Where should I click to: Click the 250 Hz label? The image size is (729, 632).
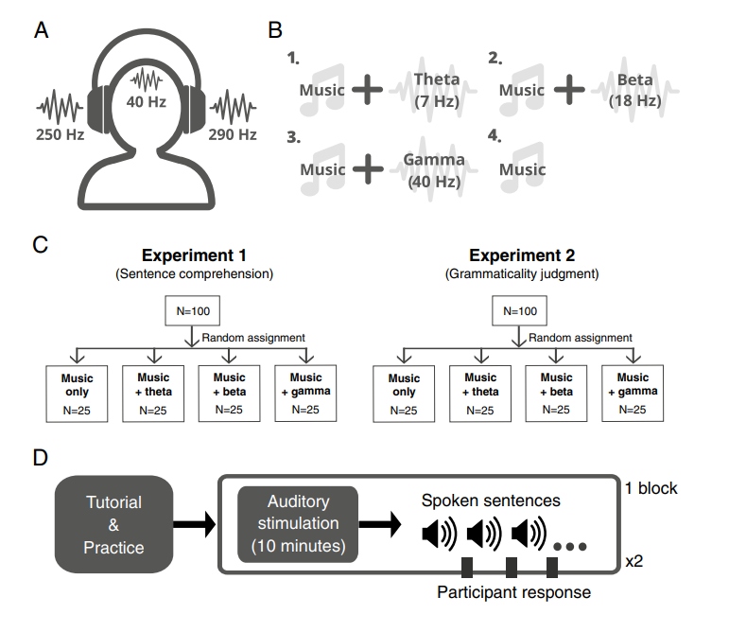click(60, 134)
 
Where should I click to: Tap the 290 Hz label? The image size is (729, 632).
click(233, 134)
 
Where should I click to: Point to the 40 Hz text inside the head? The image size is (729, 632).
click(146, 101)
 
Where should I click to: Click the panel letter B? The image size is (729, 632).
click(275, 30)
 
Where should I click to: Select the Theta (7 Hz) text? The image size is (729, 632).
click(437, 90)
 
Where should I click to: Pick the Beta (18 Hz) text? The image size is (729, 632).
click(635, 90)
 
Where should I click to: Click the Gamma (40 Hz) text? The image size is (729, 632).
click(434, 170)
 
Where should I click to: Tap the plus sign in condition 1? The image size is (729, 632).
click(367, 89)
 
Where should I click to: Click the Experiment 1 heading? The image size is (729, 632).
click(194, 255)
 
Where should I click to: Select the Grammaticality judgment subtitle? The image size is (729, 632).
click(522, 274)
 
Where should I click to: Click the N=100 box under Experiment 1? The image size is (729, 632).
click(193, 310)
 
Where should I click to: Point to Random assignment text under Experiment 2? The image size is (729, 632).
click(581, 338)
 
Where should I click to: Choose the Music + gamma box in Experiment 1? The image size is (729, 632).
click(305, 394)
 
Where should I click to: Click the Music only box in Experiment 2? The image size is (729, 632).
click(404, 394)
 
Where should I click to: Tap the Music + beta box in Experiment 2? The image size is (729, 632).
click(556, 394)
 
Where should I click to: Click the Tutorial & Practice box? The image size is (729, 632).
click(113, 524)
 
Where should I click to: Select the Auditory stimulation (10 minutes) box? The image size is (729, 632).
click(298, 524)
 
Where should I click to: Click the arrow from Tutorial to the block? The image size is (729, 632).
click(195, 524)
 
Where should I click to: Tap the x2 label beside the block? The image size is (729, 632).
click(634, 561)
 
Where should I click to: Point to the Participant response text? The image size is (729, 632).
click(513, 592)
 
